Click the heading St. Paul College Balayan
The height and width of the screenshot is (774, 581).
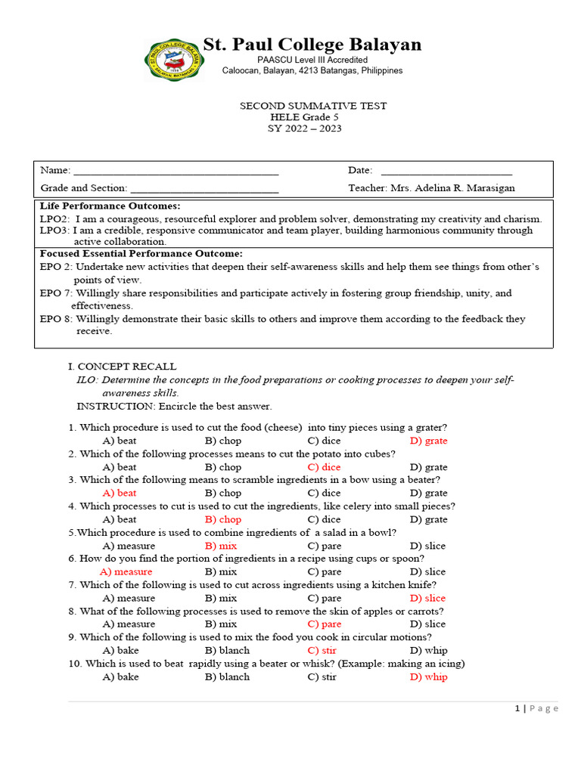click(x=312, y=45)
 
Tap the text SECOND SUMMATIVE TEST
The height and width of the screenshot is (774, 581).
click(x=312, y=106)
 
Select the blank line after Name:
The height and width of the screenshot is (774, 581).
click(x=176, y=171)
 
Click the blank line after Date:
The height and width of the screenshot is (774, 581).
click(x=446, y=171)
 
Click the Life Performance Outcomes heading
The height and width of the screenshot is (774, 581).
click(x=110, y=206)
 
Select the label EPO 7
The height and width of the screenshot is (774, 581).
click(x=55, y=293)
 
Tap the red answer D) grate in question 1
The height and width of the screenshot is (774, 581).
click(x=428, y=441)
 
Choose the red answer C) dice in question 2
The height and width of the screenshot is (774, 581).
click(x=324, y=467)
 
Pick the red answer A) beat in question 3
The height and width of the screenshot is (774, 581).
click(x=119, y=493)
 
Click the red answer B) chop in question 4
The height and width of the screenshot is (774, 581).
click(x=222, y=519)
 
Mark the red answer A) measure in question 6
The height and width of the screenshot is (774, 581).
click(x=126, y=571)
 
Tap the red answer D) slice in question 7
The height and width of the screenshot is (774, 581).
click(x=427, y=598)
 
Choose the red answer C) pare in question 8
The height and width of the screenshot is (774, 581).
click(x=324, y=624)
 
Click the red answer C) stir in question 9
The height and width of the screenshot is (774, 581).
click(x=322, y=650)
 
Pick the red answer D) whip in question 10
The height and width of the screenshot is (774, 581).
click(x=428, y=676)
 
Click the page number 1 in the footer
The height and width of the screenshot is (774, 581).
click(x=517, y=708)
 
